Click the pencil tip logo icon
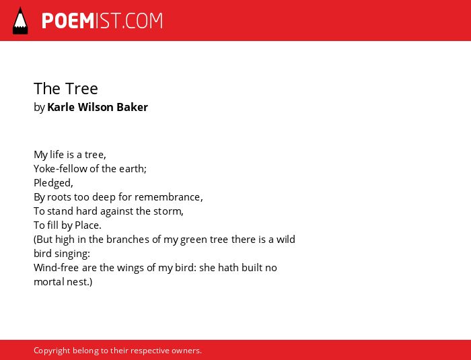pyautogui.click(x=20, y=21)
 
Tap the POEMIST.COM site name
pyautogui.click(x=102, y=21)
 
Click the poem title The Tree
pyautogui.click(x=66, y=89)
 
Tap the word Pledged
pyautogui.click(x=53, y=183)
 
